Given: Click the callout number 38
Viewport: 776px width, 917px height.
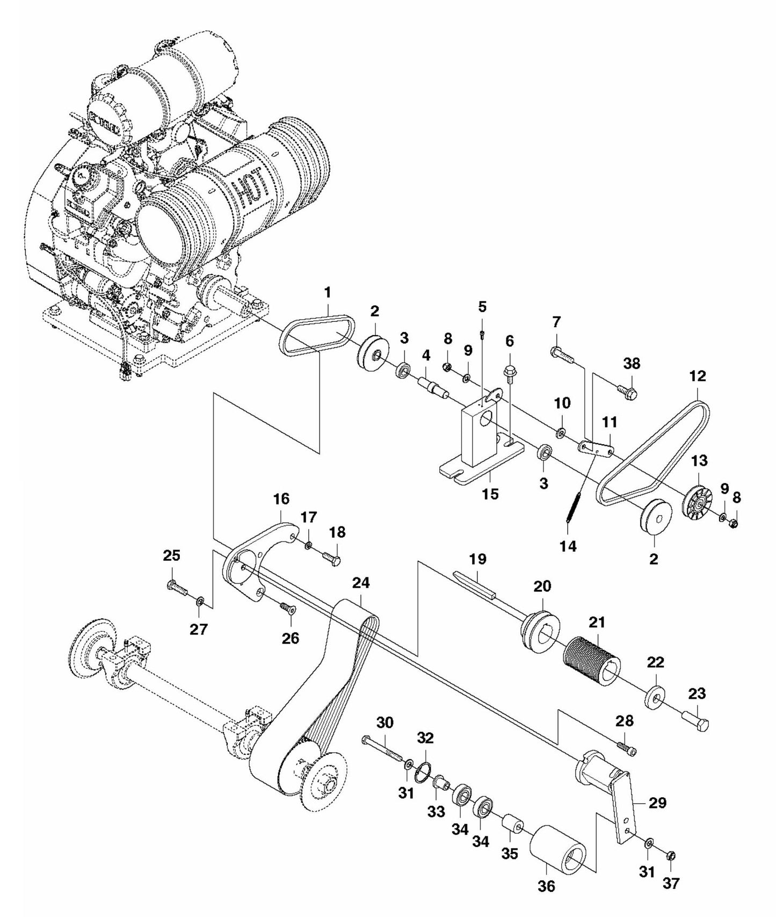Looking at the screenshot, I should coord(632,364).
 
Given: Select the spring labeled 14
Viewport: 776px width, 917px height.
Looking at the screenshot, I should coord(573,507).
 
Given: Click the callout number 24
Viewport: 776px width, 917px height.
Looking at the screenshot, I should coord(361,583).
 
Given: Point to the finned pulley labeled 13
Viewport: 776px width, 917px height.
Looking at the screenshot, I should coord(699,502).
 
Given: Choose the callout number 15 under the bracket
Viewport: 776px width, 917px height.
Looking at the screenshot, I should coord(490,493).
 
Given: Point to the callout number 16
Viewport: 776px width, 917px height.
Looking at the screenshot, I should coord(281,499).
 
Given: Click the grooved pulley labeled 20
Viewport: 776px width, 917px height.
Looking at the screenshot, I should coord(540,629).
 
